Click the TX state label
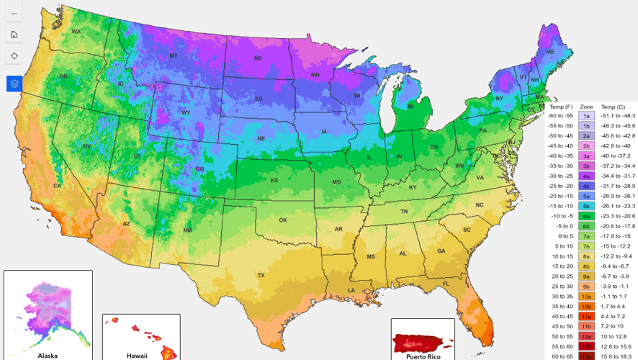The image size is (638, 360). point(261,275)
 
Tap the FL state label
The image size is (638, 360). point(446,284)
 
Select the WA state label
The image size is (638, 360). point(76,31)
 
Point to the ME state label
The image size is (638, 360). point(550,52)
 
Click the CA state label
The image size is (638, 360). point(57,185)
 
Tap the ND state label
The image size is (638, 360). point(258,58)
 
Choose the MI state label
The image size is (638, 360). point(410,107)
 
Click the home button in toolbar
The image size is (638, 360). point(14,35)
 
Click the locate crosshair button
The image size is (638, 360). point(14,55)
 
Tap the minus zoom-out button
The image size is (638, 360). point(14,14)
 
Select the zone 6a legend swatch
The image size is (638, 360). point(586,215)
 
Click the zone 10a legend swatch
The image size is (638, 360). point(586,296)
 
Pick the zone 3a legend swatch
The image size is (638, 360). point(586,155)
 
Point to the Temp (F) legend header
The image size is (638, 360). point(560,106)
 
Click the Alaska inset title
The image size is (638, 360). point(48,355)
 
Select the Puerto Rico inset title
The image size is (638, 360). point(423,356)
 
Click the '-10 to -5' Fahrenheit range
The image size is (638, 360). point(560,215)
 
